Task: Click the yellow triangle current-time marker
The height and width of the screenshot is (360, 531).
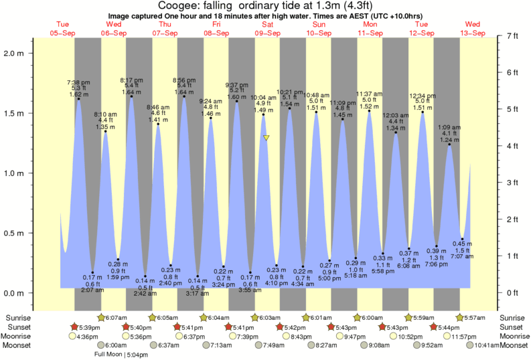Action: pos(267,138)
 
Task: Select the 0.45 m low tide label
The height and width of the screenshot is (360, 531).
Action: pos(458,243)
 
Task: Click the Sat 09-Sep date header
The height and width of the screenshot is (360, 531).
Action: pos(267,29)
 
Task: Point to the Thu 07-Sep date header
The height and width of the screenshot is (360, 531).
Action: pos(165,29)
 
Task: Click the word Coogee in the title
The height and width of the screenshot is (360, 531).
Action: pos(177,6)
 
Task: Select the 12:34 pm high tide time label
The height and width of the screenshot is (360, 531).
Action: pos(422,96)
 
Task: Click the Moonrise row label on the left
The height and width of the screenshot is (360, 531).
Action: pos(20,337)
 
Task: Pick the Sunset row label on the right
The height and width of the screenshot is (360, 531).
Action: pos(513,327)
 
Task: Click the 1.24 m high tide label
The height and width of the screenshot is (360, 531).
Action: pos(448,139)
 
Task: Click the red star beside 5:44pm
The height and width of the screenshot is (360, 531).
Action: pos(435,327)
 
